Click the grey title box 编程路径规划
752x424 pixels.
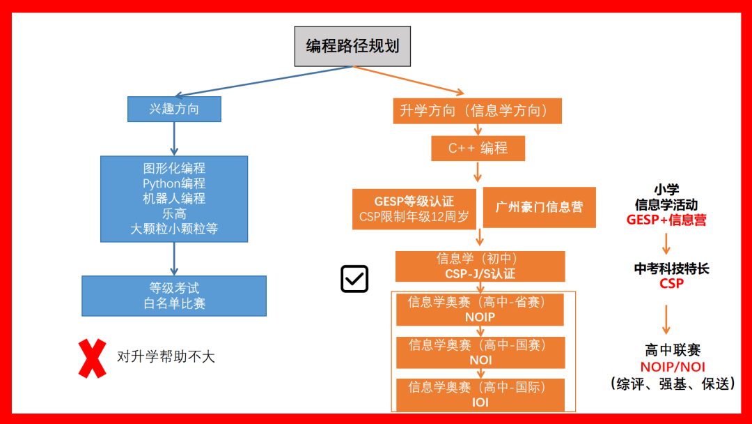point(352,46)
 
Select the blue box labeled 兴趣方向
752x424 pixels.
point(174,109)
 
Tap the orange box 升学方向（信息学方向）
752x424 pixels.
point(477,110)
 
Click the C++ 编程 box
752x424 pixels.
point(478,148)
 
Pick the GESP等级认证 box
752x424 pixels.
point(414,209)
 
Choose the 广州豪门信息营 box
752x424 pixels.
point(539,207)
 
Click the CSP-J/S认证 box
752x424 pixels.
point(480,266)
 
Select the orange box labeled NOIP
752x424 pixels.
point(480,309)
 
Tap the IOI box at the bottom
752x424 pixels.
point(480,395)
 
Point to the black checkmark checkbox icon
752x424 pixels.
point(354,279)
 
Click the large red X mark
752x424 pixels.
point(93,358)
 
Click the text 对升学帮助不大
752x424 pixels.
point(166,356)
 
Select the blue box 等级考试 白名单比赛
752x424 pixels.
point(174,296)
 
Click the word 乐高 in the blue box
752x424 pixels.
point(174,213)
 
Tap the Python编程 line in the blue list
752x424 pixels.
point(174,183)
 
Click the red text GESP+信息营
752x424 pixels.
point(666,220)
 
